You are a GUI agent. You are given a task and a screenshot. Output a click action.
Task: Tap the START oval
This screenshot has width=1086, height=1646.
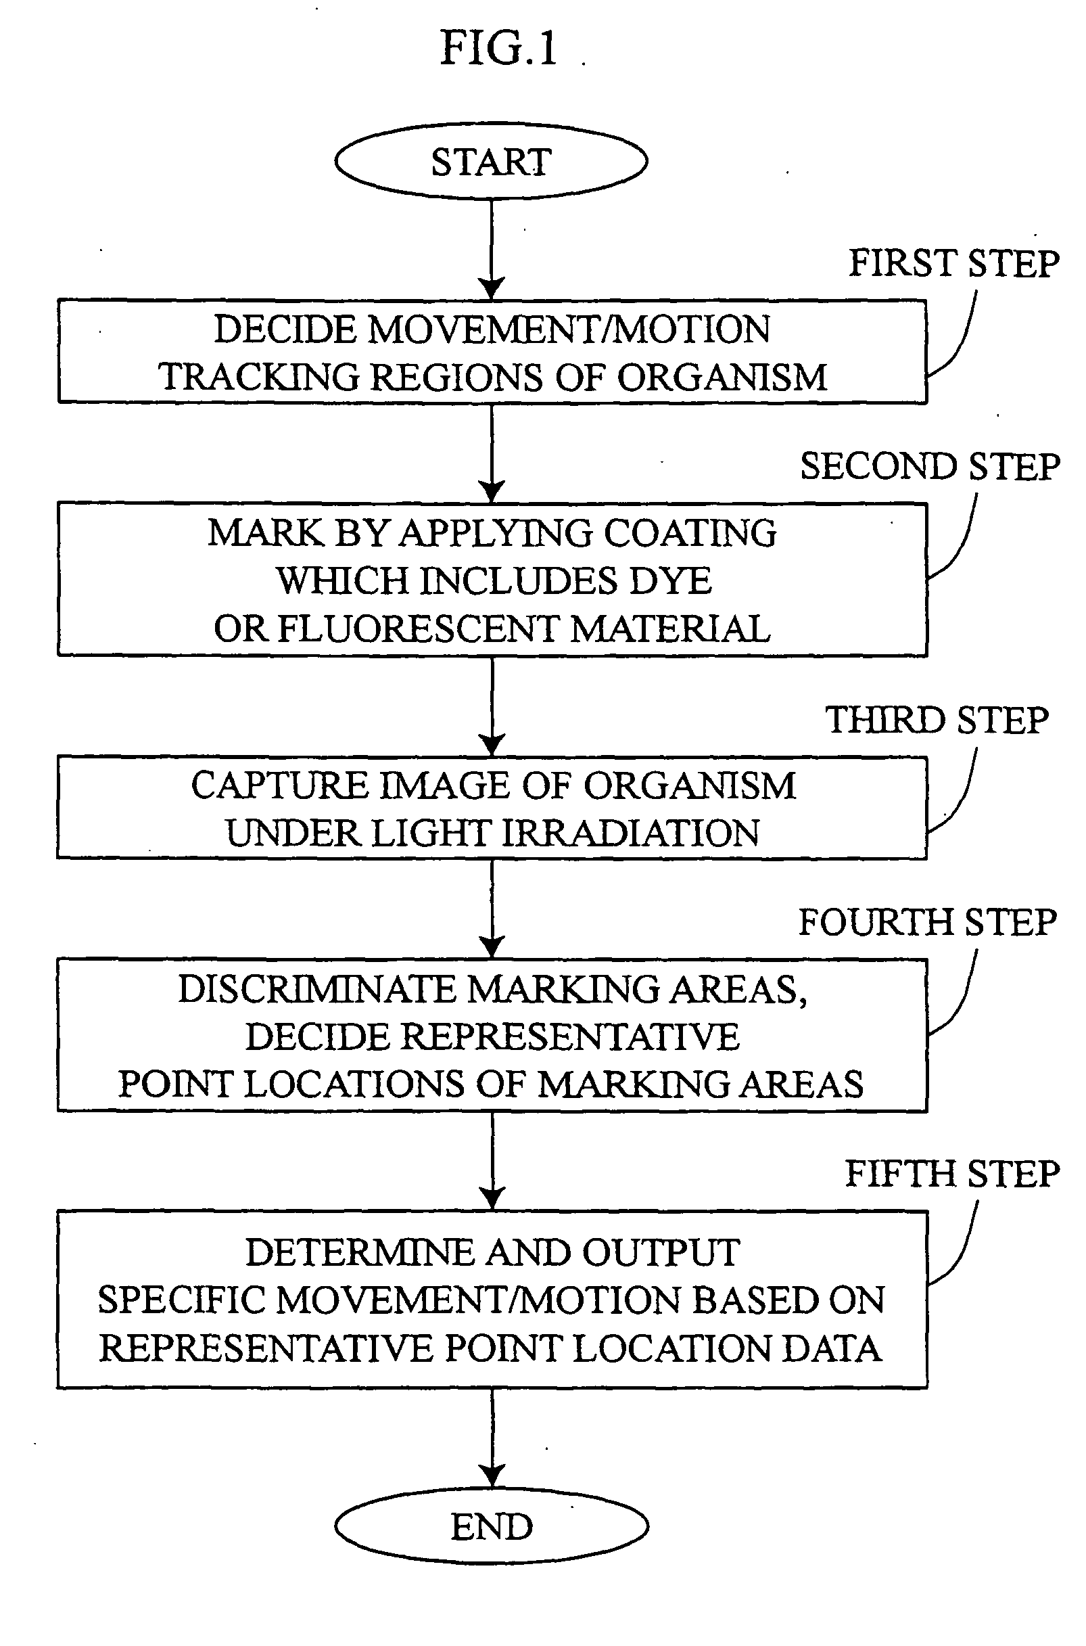pos(491,162)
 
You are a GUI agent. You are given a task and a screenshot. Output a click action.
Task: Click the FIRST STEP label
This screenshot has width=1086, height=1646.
pos(953,264)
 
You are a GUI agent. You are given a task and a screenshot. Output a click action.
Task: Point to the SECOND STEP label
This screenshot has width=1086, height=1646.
pos(930,466)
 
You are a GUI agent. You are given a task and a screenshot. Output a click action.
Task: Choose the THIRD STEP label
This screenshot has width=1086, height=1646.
pos(937,720)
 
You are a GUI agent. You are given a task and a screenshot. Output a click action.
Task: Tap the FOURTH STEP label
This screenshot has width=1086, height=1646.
pos(927,923)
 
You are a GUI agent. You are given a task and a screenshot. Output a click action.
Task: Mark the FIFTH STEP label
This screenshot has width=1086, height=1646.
pos(951,1174)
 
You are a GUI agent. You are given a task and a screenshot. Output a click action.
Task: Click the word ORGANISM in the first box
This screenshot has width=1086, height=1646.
pos(722,378)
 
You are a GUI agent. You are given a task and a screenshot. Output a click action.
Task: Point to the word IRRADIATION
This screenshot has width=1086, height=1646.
pos(630,833)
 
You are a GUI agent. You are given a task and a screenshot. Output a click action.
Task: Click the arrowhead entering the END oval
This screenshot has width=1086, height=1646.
pos(492,1477)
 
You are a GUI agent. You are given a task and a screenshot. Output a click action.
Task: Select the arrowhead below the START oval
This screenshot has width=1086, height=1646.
pos(492,288)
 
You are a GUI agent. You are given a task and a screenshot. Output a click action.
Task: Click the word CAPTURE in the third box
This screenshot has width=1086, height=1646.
pos(279,786)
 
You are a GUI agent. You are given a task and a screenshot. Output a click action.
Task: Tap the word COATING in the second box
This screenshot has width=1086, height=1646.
pos(690,533)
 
